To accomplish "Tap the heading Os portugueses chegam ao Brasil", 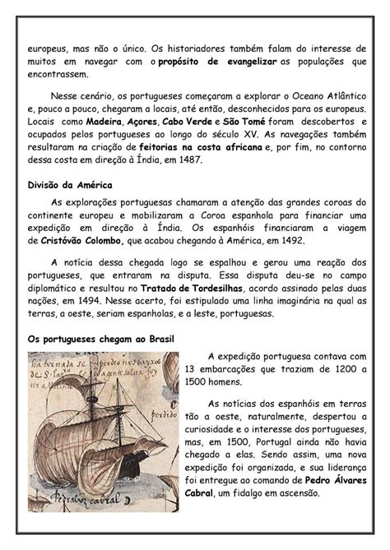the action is pos(100,339).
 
